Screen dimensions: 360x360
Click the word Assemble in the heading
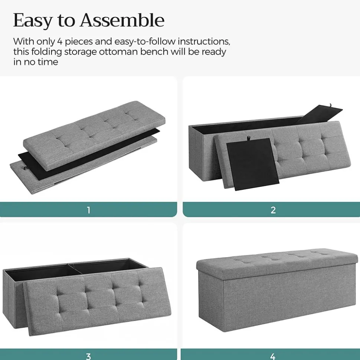(122, 20)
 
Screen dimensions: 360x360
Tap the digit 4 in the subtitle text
(60, 42)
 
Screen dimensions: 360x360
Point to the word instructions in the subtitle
(204, 42)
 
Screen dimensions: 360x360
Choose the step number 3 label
(88, 356)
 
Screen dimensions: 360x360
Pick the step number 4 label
(273, 356)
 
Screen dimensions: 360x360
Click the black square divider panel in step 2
(252, 164)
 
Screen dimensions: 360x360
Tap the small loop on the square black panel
(249, 138)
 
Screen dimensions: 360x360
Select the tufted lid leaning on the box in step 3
(98, 301)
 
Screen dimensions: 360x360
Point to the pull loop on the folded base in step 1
(24, 168)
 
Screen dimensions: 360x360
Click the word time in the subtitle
(48, 62)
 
